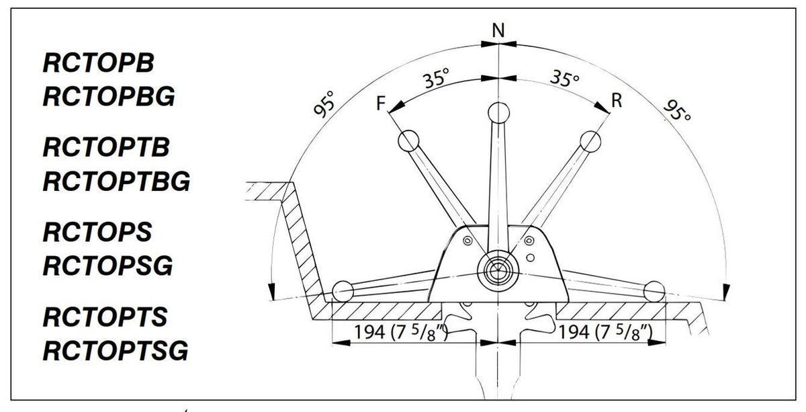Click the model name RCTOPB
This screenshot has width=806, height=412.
pyautogui.click(x=98, y=63)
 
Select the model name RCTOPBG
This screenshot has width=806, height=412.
pyautogui.click(x=109, y=97)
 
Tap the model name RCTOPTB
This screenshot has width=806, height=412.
pyautogui.click(x=106, y=147)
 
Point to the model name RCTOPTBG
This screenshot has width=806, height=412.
pyautogui.click(x=116, y=181)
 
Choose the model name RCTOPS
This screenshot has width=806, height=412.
pyautogui.click(x=97, y=233)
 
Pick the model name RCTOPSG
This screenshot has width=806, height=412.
pyautogui.click(x=107, y=265)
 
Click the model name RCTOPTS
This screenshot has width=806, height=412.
pyautogui.click(x=105, y=317)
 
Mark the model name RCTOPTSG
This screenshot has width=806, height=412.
pyautogui.click(x=116, y=350)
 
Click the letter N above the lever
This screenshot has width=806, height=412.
pyautogui.click(x=498, y=31)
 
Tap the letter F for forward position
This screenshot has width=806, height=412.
pyautogui.click(x=381, y=103)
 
